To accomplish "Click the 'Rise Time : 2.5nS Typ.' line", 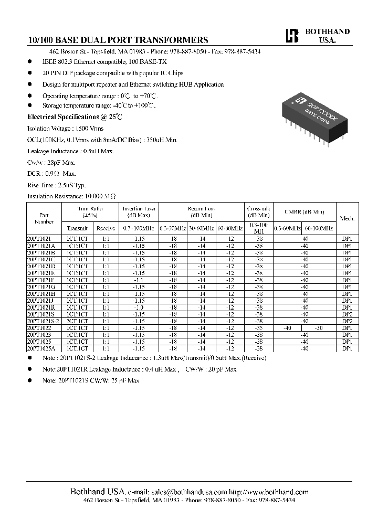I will tap(56, 185).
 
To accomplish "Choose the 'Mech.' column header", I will tap(347, 218).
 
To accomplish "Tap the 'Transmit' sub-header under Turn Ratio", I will tap(78, 228).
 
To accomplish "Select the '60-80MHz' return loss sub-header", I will tap(229, 228).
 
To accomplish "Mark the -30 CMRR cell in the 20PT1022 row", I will tap(319, 327).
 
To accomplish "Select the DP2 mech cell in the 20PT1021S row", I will tap(347, 314).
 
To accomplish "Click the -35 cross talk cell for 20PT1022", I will tap(258, 327).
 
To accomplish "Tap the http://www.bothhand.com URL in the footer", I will tap(269, 492).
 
